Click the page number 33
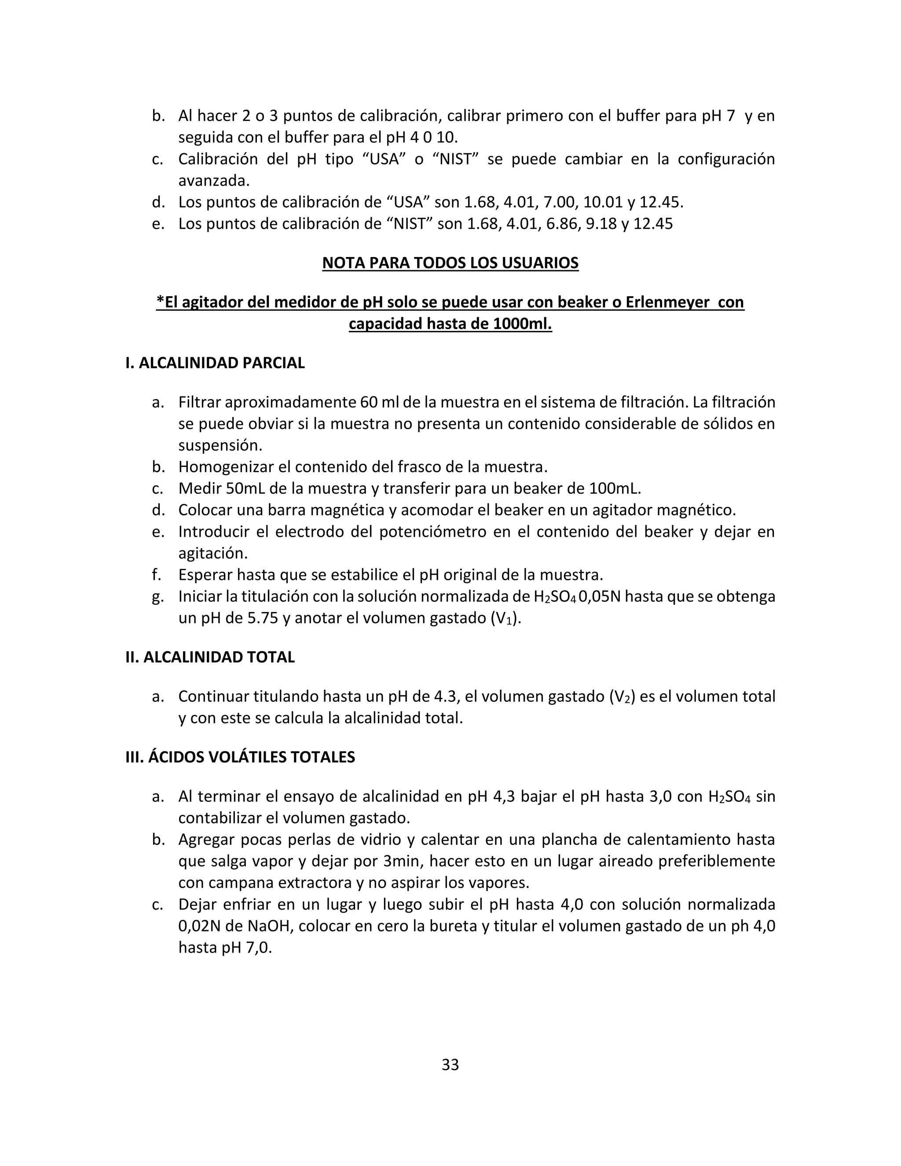pyautogui.click(x=450, y=1064)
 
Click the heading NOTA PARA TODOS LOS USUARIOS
pyautogui.click(x=450, y=263)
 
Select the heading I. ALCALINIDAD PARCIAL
pyautogui.click(x=215, y=363)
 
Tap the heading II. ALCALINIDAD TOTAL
pyautogui.click(x=210, y=657)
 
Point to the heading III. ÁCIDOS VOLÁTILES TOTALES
pyautogui.click(x=240, y=757)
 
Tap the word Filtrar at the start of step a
pyautogui.click(x=200, y=402)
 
